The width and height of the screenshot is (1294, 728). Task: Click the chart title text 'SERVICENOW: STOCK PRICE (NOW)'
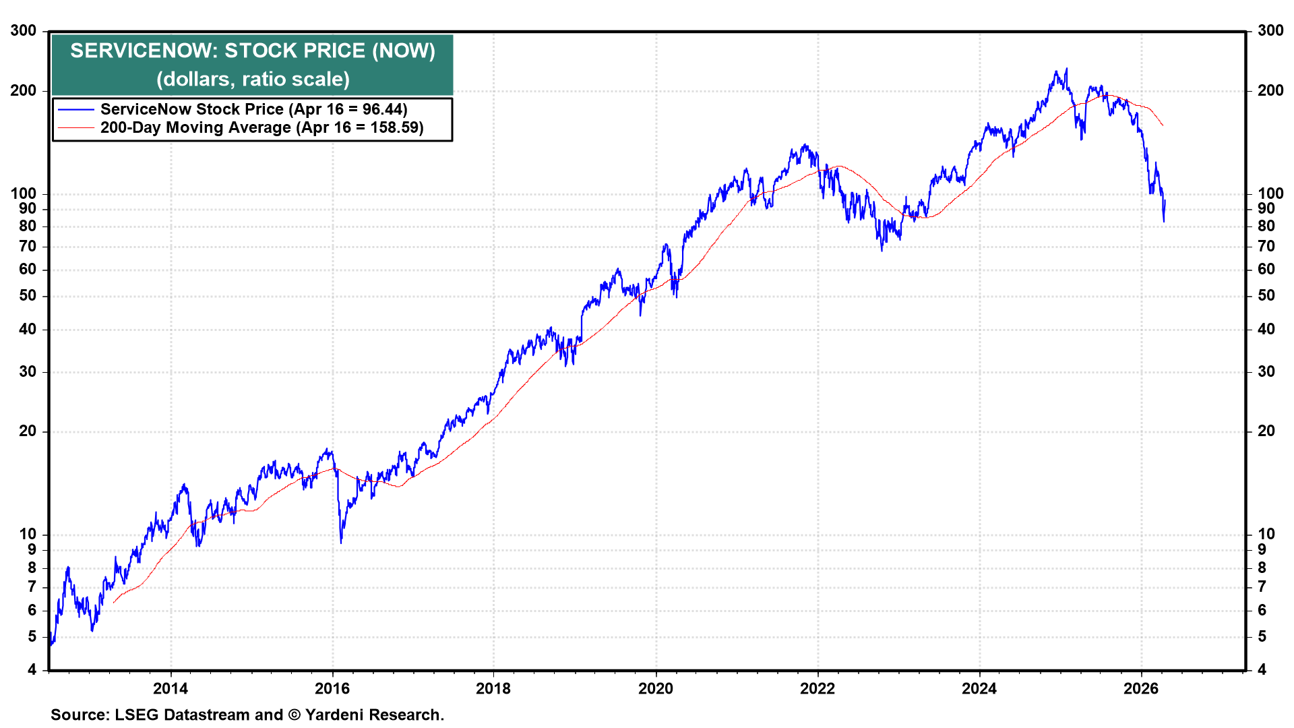[253, 51]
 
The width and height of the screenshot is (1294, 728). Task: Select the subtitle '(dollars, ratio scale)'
[253, 79]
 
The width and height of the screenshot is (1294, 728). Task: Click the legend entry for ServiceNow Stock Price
[253, 109]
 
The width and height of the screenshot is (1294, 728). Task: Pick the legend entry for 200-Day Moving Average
[261, 127]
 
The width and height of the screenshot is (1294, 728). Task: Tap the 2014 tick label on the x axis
[171, 688]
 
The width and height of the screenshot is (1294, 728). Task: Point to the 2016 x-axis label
[332, 688]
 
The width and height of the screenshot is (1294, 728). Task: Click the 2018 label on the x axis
[493, 688]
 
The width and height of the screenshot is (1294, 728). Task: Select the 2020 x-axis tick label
[656, 688]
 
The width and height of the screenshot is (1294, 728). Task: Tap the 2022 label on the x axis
[818, 688]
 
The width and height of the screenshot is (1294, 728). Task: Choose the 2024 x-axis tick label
[979, 688]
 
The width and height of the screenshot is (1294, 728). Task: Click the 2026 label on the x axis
[1141, 688]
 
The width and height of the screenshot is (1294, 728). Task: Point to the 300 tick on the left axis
[24, 30]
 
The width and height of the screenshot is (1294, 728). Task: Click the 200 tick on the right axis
[1270, 90]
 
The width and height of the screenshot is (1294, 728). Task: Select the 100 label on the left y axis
[24, 193]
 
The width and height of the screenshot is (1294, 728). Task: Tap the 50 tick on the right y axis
[1266, 295]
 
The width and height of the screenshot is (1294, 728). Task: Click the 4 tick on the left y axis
[32, 669]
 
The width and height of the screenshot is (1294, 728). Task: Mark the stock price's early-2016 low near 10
[341, 541]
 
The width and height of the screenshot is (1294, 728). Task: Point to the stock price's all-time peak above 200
[1066, 69]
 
